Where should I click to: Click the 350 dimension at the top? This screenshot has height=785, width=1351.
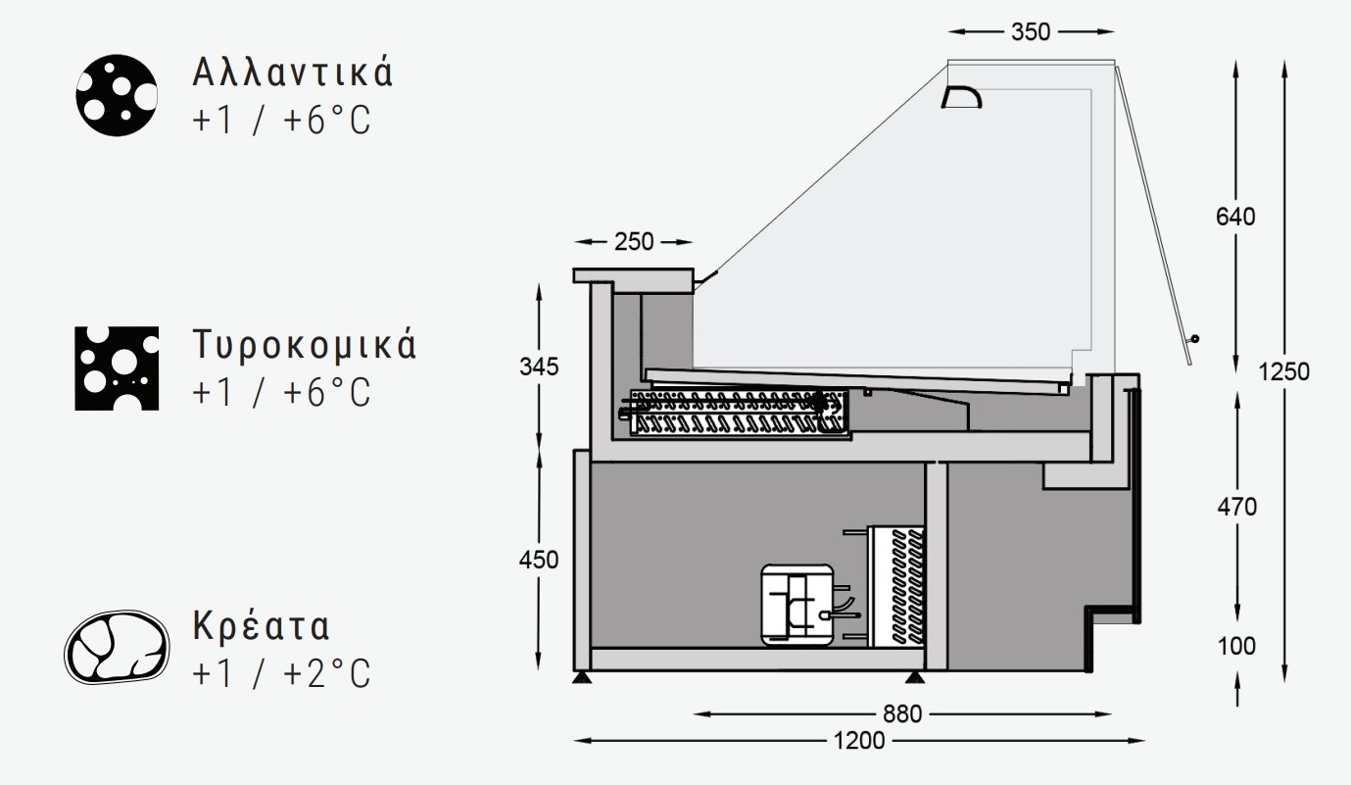pyautogui.click(x=1031, y=32)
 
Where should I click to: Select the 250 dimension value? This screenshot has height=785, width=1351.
pyautogui.click(x=634, y=241)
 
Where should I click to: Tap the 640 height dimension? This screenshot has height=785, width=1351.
pyautogui.click(x=1235, y=218)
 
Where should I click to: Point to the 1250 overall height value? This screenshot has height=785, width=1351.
pyautogui.click(x=1285, y=372)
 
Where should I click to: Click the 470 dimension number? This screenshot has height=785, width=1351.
pyautogui.click(x=1235, y=508)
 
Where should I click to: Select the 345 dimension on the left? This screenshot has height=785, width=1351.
pyautogui.click(x=539, y=368)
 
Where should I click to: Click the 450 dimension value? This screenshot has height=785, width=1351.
pyautogui.click(x=539, y=560)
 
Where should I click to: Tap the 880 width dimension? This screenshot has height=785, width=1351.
pyautogui.click(x=902, y=714)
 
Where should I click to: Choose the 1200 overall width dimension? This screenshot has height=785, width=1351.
pyautogui.click(x=858, y=740)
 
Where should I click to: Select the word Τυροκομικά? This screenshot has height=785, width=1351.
pyautogui.click(x=305, y=346)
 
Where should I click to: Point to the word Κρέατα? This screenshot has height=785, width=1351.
pyautogui.click(x=262, y=626)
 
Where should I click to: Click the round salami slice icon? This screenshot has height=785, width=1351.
pyautogui.click(x=117, y=95)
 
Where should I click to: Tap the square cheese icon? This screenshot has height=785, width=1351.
pyautogui.click(x=117, y=368)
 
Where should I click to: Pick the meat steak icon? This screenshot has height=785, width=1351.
pyautogui.click(x=117, y=648)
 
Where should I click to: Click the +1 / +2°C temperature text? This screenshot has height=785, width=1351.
pyautogui.click(x=282, y=674)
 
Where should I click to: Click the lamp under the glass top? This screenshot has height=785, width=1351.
pyautogui.click(x=961, y=96)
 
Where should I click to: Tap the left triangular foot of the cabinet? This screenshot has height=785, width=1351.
pyautogui.click(x=582, y=677)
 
